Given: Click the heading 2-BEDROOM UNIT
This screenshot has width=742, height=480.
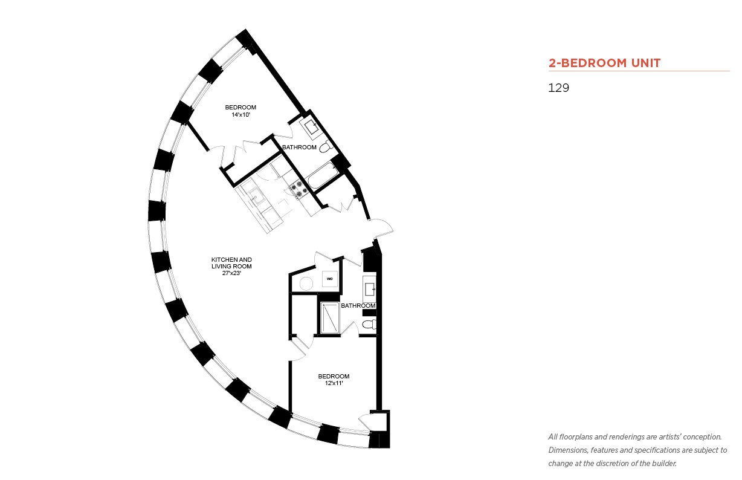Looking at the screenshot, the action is (x=604, y=63).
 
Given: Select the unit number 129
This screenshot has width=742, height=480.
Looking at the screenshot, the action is (x=558, y=88).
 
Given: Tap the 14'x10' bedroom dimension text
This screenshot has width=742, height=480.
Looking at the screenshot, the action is (x=240, y=115).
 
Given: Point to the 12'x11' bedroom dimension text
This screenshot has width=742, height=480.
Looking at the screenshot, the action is (x=334, y=383).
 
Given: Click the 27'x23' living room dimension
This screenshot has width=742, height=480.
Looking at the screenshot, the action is (x=231, y=273).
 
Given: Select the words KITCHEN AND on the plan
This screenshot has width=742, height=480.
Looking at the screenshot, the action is (x=231, y=259).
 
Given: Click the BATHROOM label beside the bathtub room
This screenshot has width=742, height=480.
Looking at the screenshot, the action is (x=299, y=147).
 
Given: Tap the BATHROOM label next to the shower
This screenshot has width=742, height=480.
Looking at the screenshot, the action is (x=358, y=306).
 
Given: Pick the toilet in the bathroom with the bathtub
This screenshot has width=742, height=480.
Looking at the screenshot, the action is (x=326, y=147).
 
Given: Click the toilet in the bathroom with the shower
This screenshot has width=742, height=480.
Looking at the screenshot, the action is (x=369, y=324).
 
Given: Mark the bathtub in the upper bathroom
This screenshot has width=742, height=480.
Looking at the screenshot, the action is (x=323, y=176).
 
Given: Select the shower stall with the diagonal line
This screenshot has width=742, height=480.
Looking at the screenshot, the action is (x=330, y=318).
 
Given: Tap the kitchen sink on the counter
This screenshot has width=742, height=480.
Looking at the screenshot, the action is (x=256, y=196).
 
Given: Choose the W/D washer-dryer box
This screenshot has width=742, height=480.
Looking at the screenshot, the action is (x=329, y=279).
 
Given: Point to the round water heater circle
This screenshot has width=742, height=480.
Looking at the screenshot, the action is (x=306, y=284).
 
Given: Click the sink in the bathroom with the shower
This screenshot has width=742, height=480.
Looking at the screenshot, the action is (x=370, y=290).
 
